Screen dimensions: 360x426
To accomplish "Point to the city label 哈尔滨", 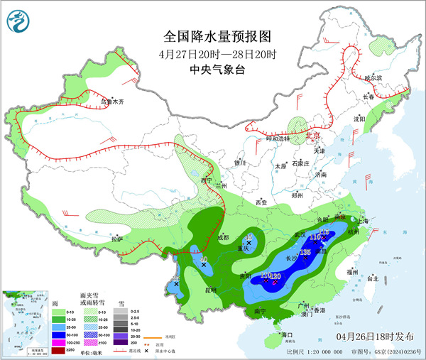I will [x=373, y=77].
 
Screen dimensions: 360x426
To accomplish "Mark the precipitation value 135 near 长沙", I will [x=306, y=252].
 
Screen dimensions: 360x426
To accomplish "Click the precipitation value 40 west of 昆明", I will [x=204, y=261].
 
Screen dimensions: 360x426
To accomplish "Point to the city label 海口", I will [x=287, y=334].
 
